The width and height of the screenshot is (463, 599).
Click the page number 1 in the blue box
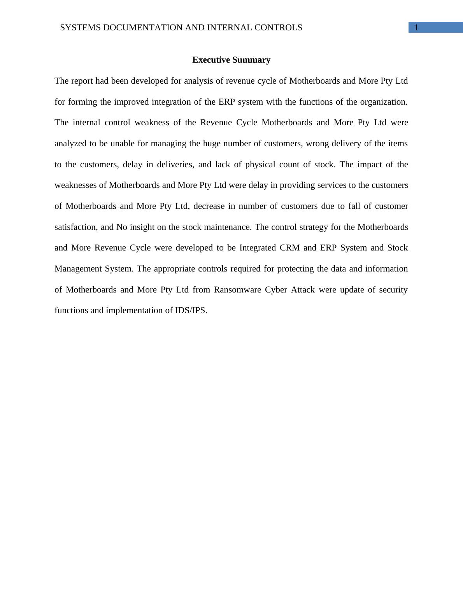[416, 28]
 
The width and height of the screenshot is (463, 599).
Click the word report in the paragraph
[81, 81]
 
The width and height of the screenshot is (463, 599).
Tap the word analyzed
[71, 144]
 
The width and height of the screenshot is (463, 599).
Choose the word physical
[260, 165]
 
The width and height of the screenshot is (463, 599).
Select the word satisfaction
[75, 227]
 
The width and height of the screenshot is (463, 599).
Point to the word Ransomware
[237, 290]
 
